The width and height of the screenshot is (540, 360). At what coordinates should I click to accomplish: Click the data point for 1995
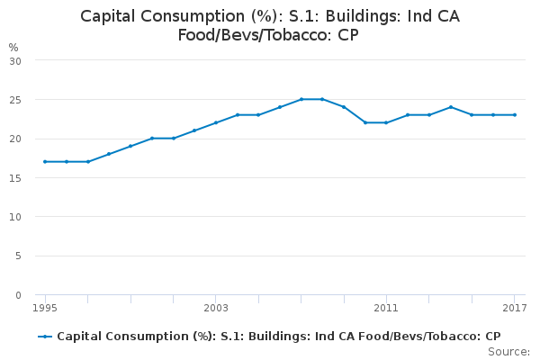point(45,162)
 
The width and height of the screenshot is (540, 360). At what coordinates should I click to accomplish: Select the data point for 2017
point(515,114)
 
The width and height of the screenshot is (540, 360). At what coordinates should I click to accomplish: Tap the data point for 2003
point(216,122)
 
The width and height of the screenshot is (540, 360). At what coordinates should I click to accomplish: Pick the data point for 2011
point(386,122)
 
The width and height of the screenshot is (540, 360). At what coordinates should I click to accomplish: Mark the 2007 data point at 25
point(301,99)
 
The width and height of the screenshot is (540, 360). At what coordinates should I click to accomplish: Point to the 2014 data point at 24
point(451,107)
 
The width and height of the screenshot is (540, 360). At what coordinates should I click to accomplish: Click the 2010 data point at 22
point(365,122)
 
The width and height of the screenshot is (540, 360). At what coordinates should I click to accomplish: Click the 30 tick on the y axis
point(15,61)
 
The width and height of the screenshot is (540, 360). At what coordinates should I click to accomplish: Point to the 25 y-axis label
point(15,100)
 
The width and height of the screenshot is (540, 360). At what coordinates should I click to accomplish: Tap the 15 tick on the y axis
point(15,178)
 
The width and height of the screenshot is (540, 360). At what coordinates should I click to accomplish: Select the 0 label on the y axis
point(18,295)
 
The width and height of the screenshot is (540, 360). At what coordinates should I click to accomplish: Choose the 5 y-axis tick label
point(18,256)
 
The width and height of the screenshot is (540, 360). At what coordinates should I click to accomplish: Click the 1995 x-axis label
point(45,308)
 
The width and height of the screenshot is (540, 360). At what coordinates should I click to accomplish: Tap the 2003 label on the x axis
point(216,308)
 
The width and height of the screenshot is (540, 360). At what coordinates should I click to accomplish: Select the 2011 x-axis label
point(386,308)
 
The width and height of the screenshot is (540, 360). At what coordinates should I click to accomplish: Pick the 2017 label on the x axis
point(515,308)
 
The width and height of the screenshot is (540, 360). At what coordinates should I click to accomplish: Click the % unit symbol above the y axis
point(13,47)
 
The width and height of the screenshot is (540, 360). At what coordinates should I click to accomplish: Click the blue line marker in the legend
point(45,337)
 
